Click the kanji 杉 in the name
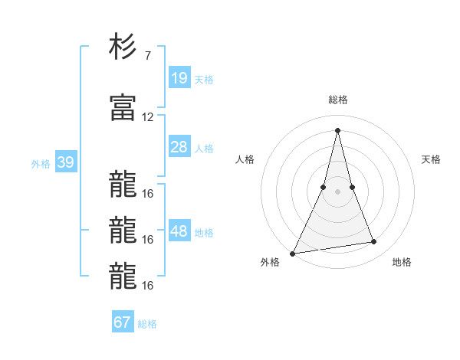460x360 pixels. (x=123, y=47)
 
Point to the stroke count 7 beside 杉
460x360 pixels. (x=147, y=56)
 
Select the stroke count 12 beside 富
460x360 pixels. (x=148, y=117)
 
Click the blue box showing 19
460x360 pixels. (x=179, y=78)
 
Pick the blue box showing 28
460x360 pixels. (x=179, y=147)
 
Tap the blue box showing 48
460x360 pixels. (x=179, y=231)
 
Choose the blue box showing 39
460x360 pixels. (x=65, y=162)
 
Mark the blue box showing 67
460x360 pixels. (x=123, y=322)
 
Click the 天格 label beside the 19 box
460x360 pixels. (x=204, y=79)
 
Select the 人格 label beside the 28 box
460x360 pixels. (x=204, y=148)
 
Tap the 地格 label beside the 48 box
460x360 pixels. (x=204, y=232)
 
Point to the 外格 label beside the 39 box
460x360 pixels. (x=41, y=163)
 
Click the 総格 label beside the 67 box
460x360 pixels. (x=147, y=323)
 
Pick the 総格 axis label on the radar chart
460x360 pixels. (x=338, y=100)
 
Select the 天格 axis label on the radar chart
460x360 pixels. (x=432, y=159)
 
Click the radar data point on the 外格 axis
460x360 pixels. (x=293, y=253)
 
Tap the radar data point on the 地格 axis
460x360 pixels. (x=374, y=242)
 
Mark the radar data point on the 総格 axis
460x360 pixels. (x=338, y=129)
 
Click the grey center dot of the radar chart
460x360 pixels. (x=338, y=191)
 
